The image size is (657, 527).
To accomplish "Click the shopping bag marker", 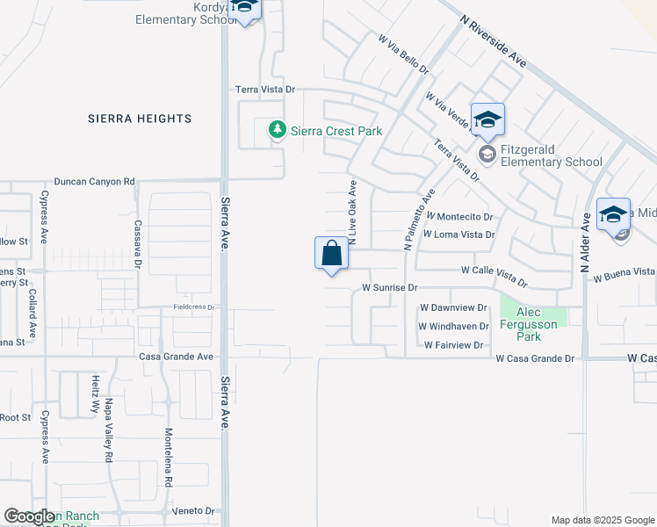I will (331, 254).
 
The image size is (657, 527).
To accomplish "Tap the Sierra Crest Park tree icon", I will (278, 131).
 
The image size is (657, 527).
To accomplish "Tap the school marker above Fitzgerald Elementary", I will (487, 120).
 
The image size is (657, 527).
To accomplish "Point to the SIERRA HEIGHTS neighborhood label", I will (140, 119).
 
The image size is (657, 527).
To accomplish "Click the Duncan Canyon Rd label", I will (94, 182).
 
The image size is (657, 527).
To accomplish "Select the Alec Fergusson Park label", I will (534, 324).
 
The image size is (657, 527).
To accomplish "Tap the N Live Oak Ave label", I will (353, 213).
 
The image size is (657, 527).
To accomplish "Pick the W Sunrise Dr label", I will (388, 287).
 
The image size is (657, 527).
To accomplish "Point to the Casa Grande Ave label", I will (177, 357).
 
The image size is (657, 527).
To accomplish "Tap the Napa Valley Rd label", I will (110, 430).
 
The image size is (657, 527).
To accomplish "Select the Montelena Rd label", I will (167, 458).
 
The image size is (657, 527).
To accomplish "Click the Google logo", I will (30, 516).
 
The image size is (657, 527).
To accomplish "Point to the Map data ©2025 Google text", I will (603, 520).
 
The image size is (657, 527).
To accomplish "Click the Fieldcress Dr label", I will (192, 307).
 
